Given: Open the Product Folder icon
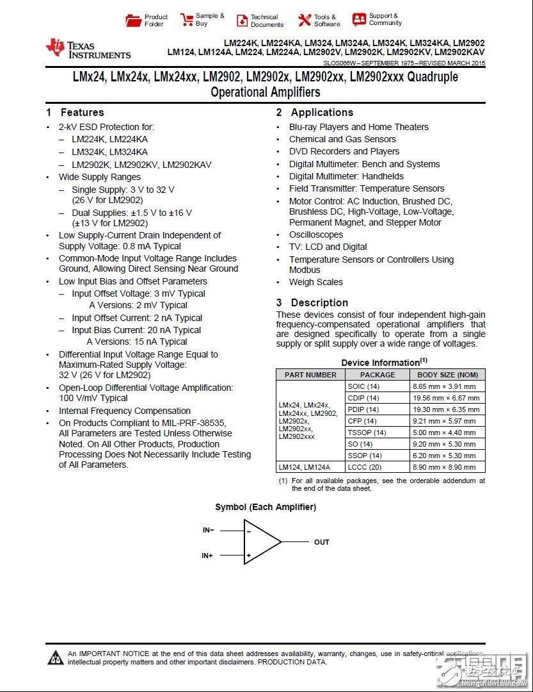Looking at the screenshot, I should [134, 21].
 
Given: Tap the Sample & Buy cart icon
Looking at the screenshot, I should [186, 19].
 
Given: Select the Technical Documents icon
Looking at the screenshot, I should [242, 21].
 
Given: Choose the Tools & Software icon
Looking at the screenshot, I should [305, 21].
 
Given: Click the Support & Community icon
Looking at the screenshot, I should [359, 19].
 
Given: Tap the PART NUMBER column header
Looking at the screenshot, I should [310, 375].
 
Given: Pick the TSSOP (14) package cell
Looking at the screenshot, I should [367, 432].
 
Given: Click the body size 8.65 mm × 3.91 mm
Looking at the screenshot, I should [447, 386].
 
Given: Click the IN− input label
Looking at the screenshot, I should [208, 530].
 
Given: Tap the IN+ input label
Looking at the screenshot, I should [208, 556].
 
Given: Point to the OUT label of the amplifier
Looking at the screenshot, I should [321, 542].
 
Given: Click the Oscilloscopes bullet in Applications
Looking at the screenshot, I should [316, 235].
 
